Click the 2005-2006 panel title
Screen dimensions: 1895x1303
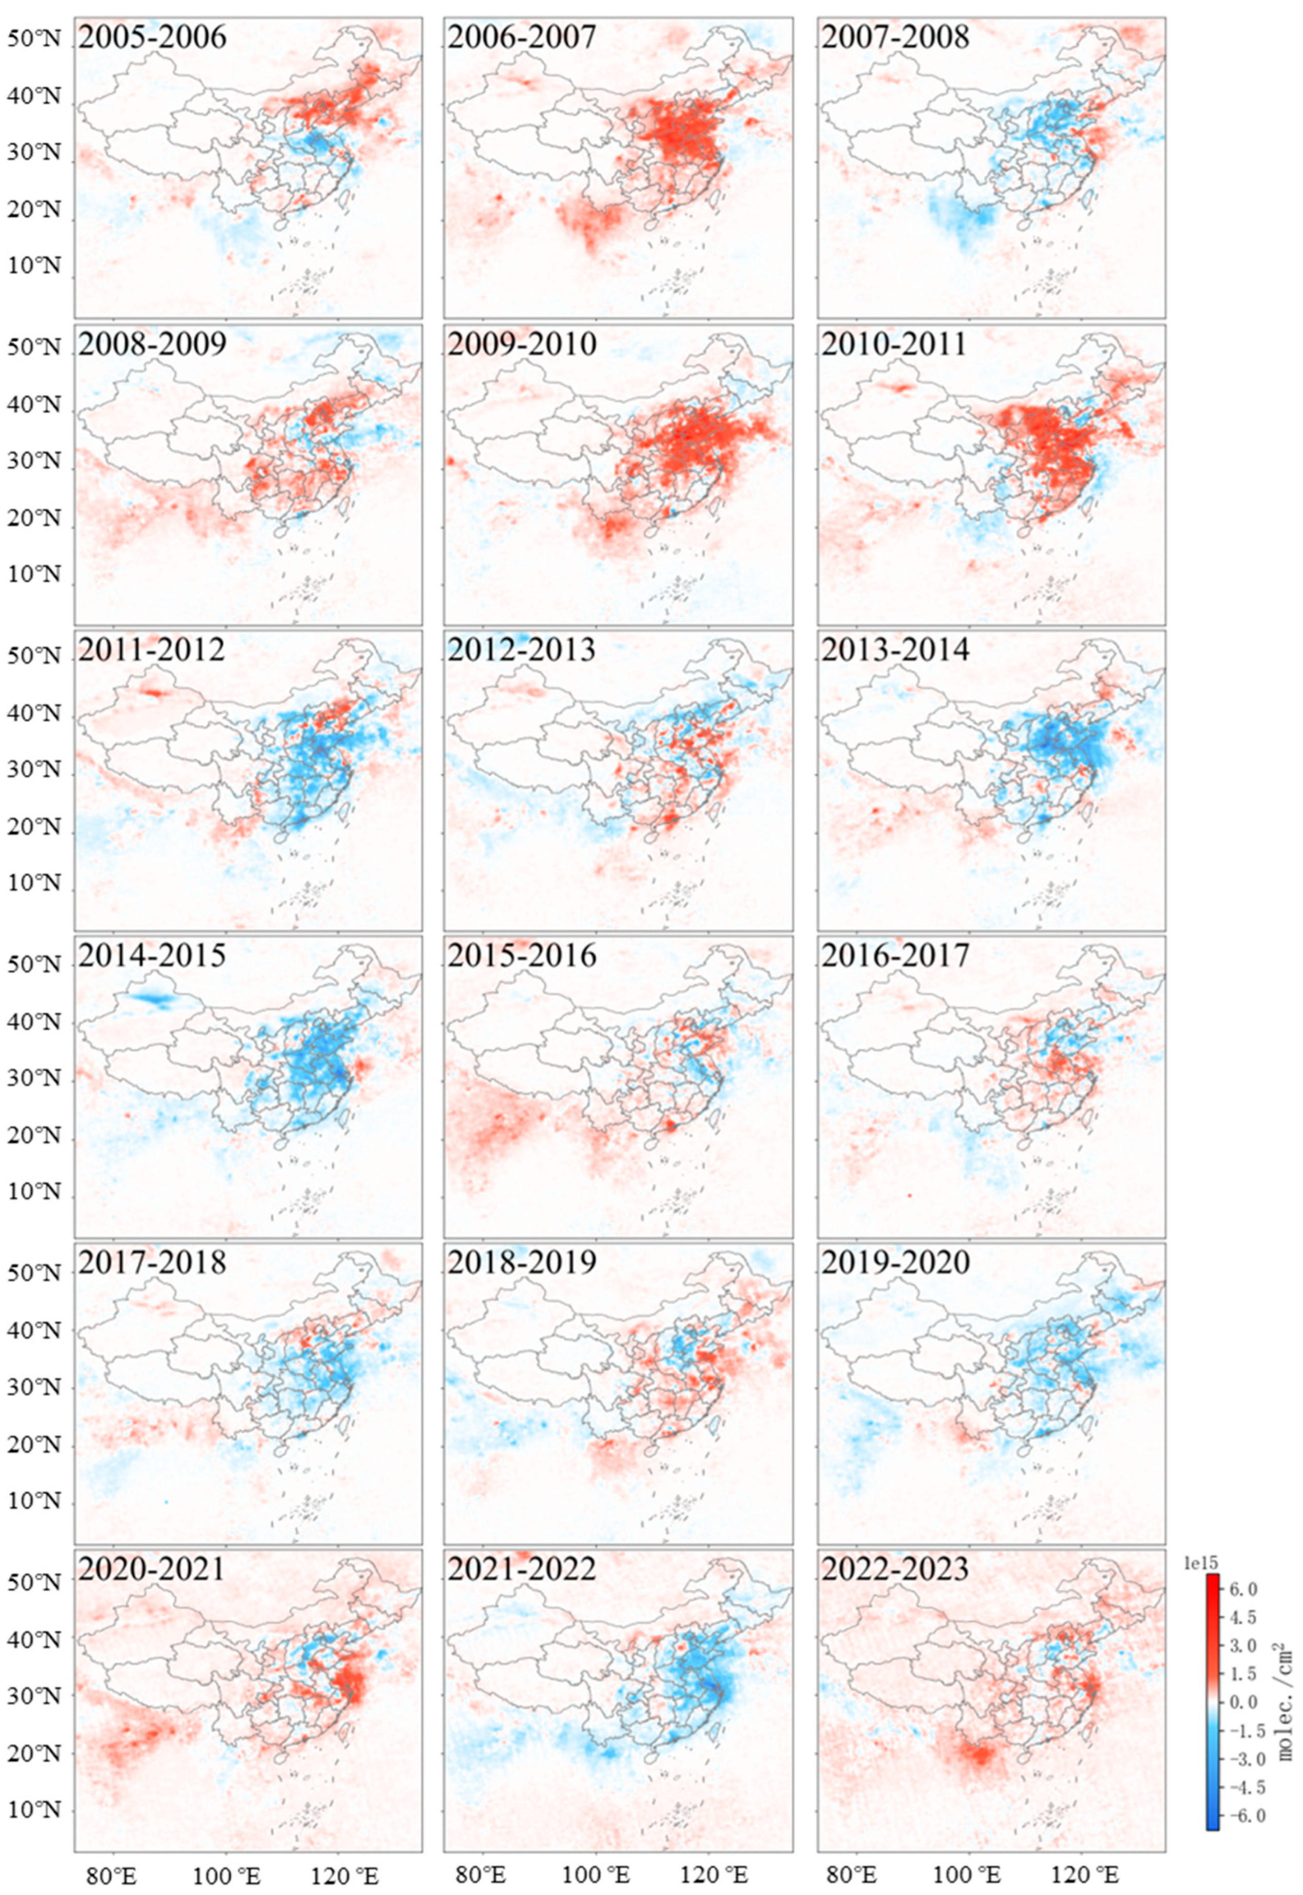pos(152,37)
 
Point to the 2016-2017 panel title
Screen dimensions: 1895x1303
pos(895,956)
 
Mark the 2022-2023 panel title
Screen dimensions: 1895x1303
pos(895,1569)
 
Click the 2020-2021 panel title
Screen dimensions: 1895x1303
pos(152,1569)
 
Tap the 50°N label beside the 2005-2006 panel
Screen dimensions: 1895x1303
pos(35,39)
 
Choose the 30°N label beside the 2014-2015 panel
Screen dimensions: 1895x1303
pos(35,1078)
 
